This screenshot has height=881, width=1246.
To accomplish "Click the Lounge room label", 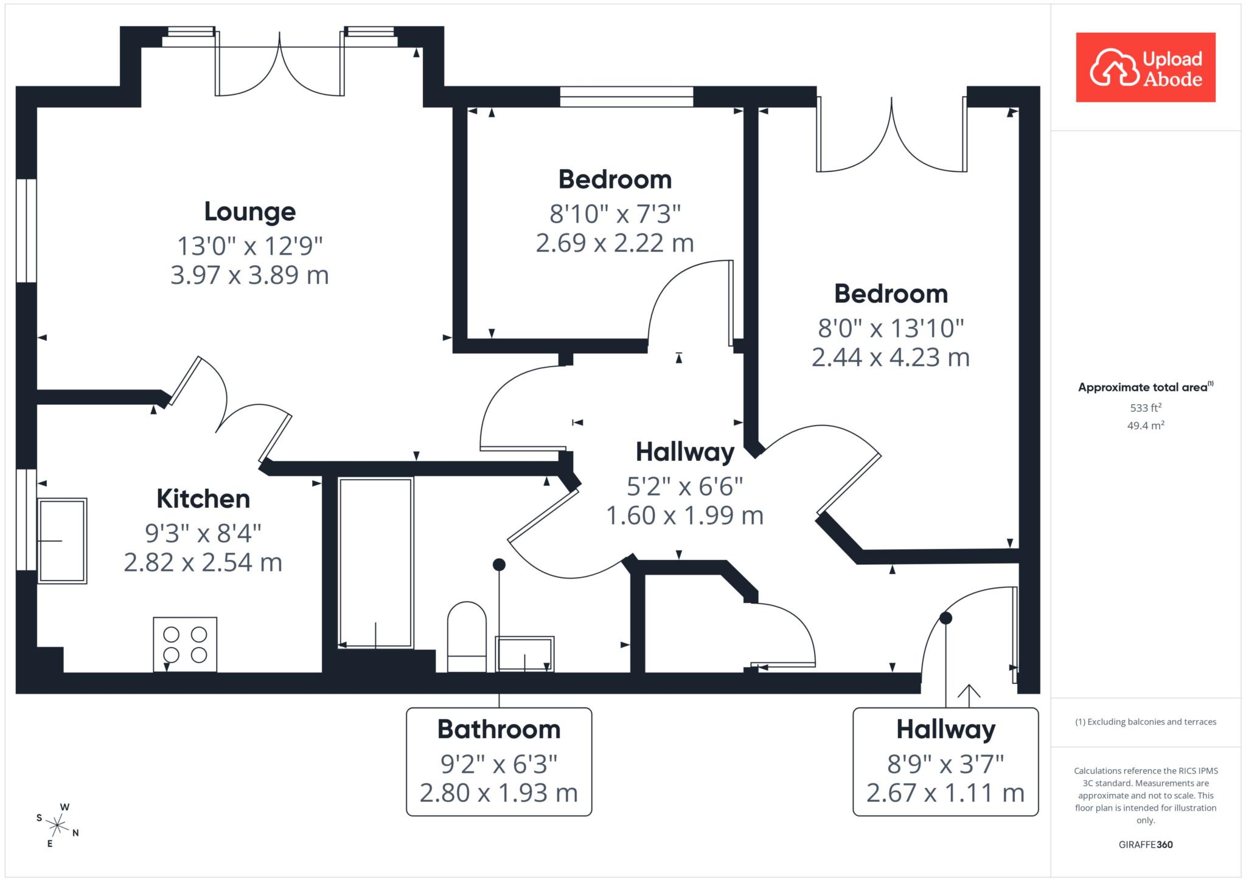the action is (250, 212).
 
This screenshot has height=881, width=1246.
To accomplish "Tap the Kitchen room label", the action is (203, 499).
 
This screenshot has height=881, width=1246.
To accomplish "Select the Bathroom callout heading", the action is (499, 729).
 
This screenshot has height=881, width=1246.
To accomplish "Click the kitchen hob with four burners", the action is (185, 644).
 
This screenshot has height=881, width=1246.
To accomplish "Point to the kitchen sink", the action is (62, 541).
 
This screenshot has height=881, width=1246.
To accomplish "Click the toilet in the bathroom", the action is (467, 637).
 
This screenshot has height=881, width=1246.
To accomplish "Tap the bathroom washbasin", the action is (524, 654).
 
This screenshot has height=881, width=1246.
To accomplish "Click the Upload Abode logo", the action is (1146, 67).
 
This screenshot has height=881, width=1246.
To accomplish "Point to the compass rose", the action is (58, 826).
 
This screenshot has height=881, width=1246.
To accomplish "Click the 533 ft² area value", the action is (1146, 407).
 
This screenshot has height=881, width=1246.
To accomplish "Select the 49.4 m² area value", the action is (1146, 425).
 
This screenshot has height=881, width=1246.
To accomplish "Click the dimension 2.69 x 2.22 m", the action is (615, 243).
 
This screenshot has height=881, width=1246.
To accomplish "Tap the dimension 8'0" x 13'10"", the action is (891, 328).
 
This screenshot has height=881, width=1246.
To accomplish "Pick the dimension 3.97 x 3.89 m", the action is (249, 275).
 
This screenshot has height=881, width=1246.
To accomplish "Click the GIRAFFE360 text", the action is (1146, 845).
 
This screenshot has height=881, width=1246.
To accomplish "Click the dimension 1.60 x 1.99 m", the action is (684, 516).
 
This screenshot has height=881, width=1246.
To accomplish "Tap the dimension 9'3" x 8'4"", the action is (203, 533).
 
